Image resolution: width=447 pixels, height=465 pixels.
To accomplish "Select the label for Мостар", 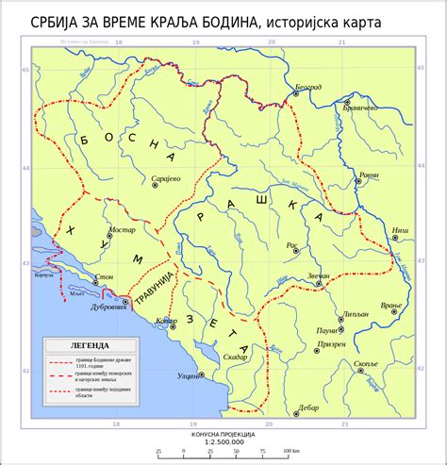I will coord(123,229).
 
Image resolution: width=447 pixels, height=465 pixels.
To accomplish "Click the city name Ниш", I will coord(401,230).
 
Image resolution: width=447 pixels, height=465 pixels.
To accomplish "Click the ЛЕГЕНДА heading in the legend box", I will coord(80,345).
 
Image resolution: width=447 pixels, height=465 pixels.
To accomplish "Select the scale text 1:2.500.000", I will coord(224,440).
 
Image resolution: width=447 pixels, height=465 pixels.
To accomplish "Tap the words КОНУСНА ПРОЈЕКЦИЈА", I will coord(223,433).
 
